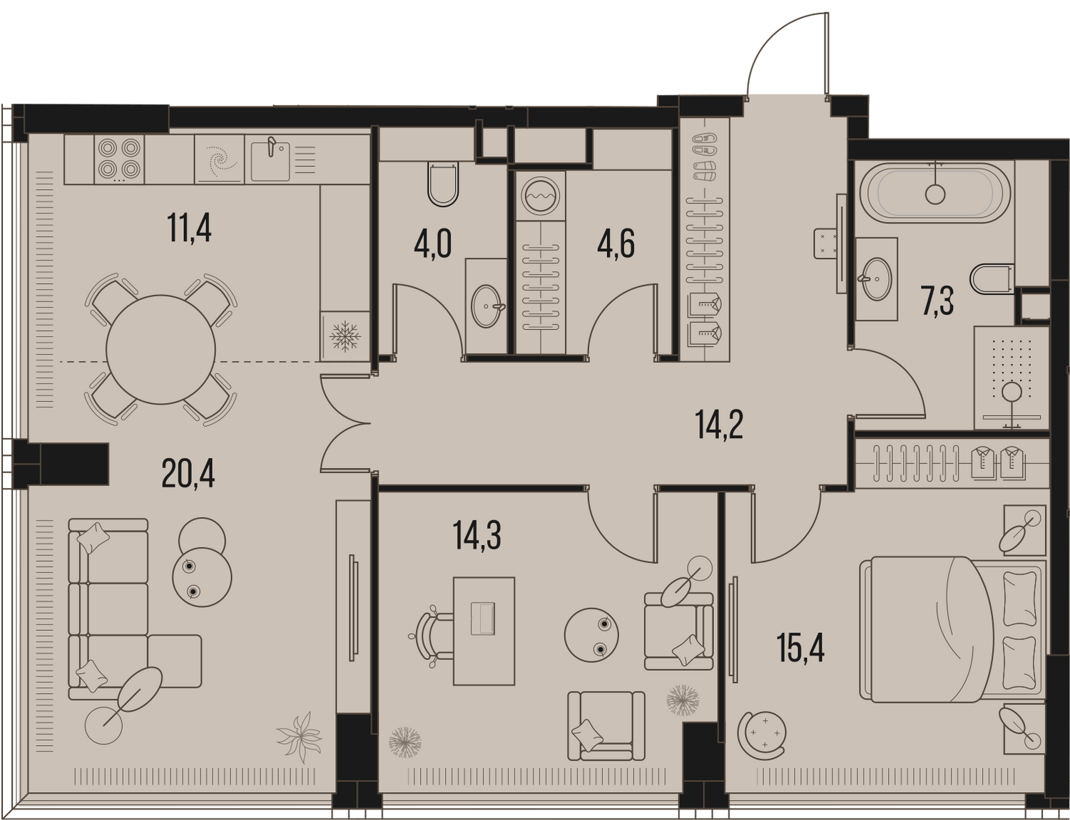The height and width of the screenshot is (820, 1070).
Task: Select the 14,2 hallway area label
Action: (x=719, y=425)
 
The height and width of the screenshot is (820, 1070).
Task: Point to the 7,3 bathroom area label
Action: (x=938, y=301)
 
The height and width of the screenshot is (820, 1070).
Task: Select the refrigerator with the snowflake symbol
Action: (x=345, y=337)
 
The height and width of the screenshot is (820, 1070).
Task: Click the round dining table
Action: (x=160, y=350)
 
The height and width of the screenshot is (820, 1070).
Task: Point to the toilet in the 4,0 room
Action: (x=443, y=183)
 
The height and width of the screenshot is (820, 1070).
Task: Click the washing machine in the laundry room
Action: (x=540, y=196)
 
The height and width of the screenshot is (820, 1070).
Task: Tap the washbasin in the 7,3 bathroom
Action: (x=876, y=279)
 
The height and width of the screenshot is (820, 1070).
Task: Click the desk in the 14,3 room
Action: (x=484, y=631)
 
